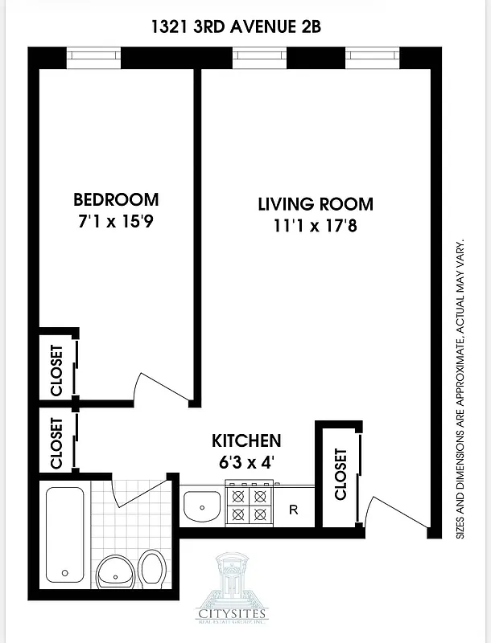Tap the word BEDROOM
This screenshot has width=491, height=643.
point(116,199)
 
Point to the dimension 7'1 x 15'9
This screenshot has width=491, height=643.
point(116,221)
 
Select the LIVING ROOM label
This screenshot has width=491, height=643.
point(316,204)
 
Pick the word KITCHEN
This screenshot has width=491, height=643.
point(246,440)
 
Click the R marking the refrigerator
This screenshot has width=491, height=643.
point(294,509)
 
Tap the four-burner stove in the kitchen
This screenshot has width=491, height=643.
point(250,505)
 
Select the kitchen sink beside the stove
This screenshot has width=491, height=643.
point(202,506)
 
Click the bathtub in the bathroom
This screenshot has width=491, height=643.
point(64,534)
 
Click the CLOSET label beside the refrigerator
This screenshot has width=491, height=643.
point(340,474)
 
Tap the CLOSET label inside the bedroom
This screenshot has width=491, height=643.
point(56,370)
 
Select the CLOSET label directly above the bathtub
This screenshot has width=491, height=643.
point(56,443)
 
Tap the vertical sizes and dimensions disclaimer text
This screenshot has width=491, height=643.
point(460,389)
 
